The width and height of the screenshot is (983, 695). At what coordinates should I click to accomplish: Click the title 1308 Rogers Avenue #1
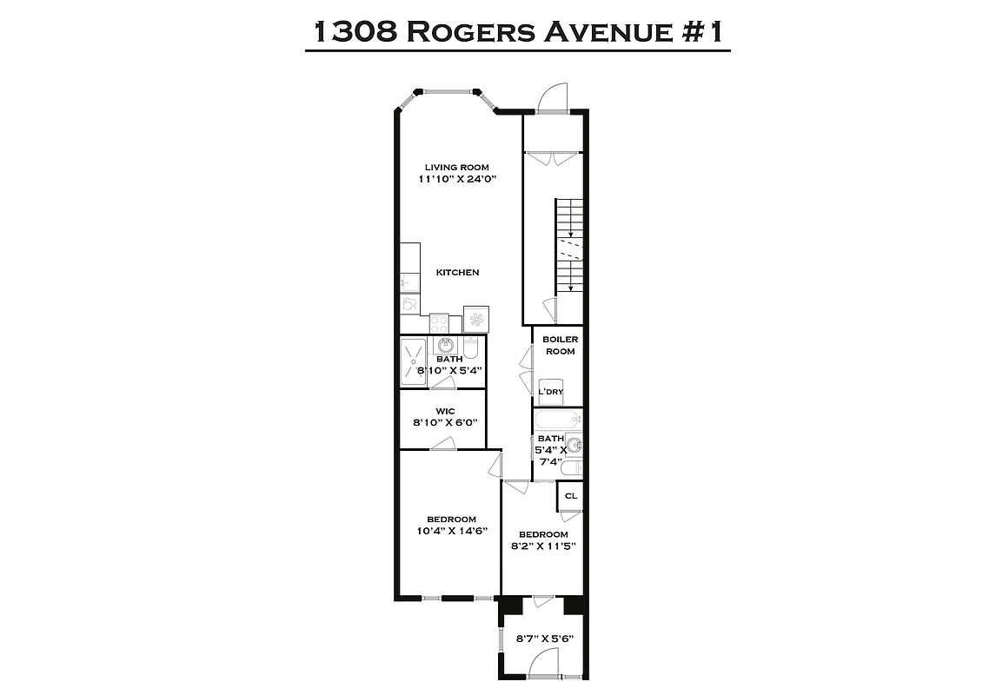[517, 32]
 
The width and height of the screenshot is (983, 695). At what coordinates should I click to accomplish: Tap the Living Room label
[456, 168]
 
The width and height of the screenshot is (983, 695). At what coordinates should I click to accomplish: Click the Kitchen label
[457, 273]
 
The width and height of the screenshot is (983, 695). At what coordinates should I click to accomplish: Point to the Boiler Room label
[560, 345]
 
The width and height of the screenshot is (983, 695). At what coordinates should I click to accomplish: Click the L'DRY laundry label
[551, 392]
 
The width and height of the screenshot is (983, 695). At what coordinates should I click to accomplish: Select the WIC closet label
[445, 412]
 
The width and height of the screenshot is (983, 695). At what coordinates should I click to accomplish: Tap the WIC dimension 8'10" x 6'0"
[445, 424]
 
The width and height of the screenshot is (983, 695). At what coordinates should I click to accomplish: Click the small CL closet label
[570, 496]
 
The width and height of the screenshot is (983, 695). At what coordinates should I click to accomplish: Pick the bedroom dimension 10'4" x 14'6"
[451, 531]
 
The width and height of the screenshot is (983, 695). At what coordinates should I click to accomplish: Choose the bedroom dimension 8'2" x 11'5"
[543, 546]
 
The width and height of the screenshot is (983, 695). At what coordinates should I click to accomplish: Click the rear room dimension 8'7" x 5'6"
[545, 639]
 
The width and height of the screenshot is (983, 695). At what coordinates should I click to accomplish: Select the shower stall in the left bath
[412, 360]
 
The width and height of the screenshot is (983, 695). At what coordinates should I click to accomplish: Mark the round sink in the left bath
[445, 347]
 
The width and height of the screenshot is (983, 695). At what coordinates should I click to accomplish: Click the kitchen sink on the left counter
[408, 281]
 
